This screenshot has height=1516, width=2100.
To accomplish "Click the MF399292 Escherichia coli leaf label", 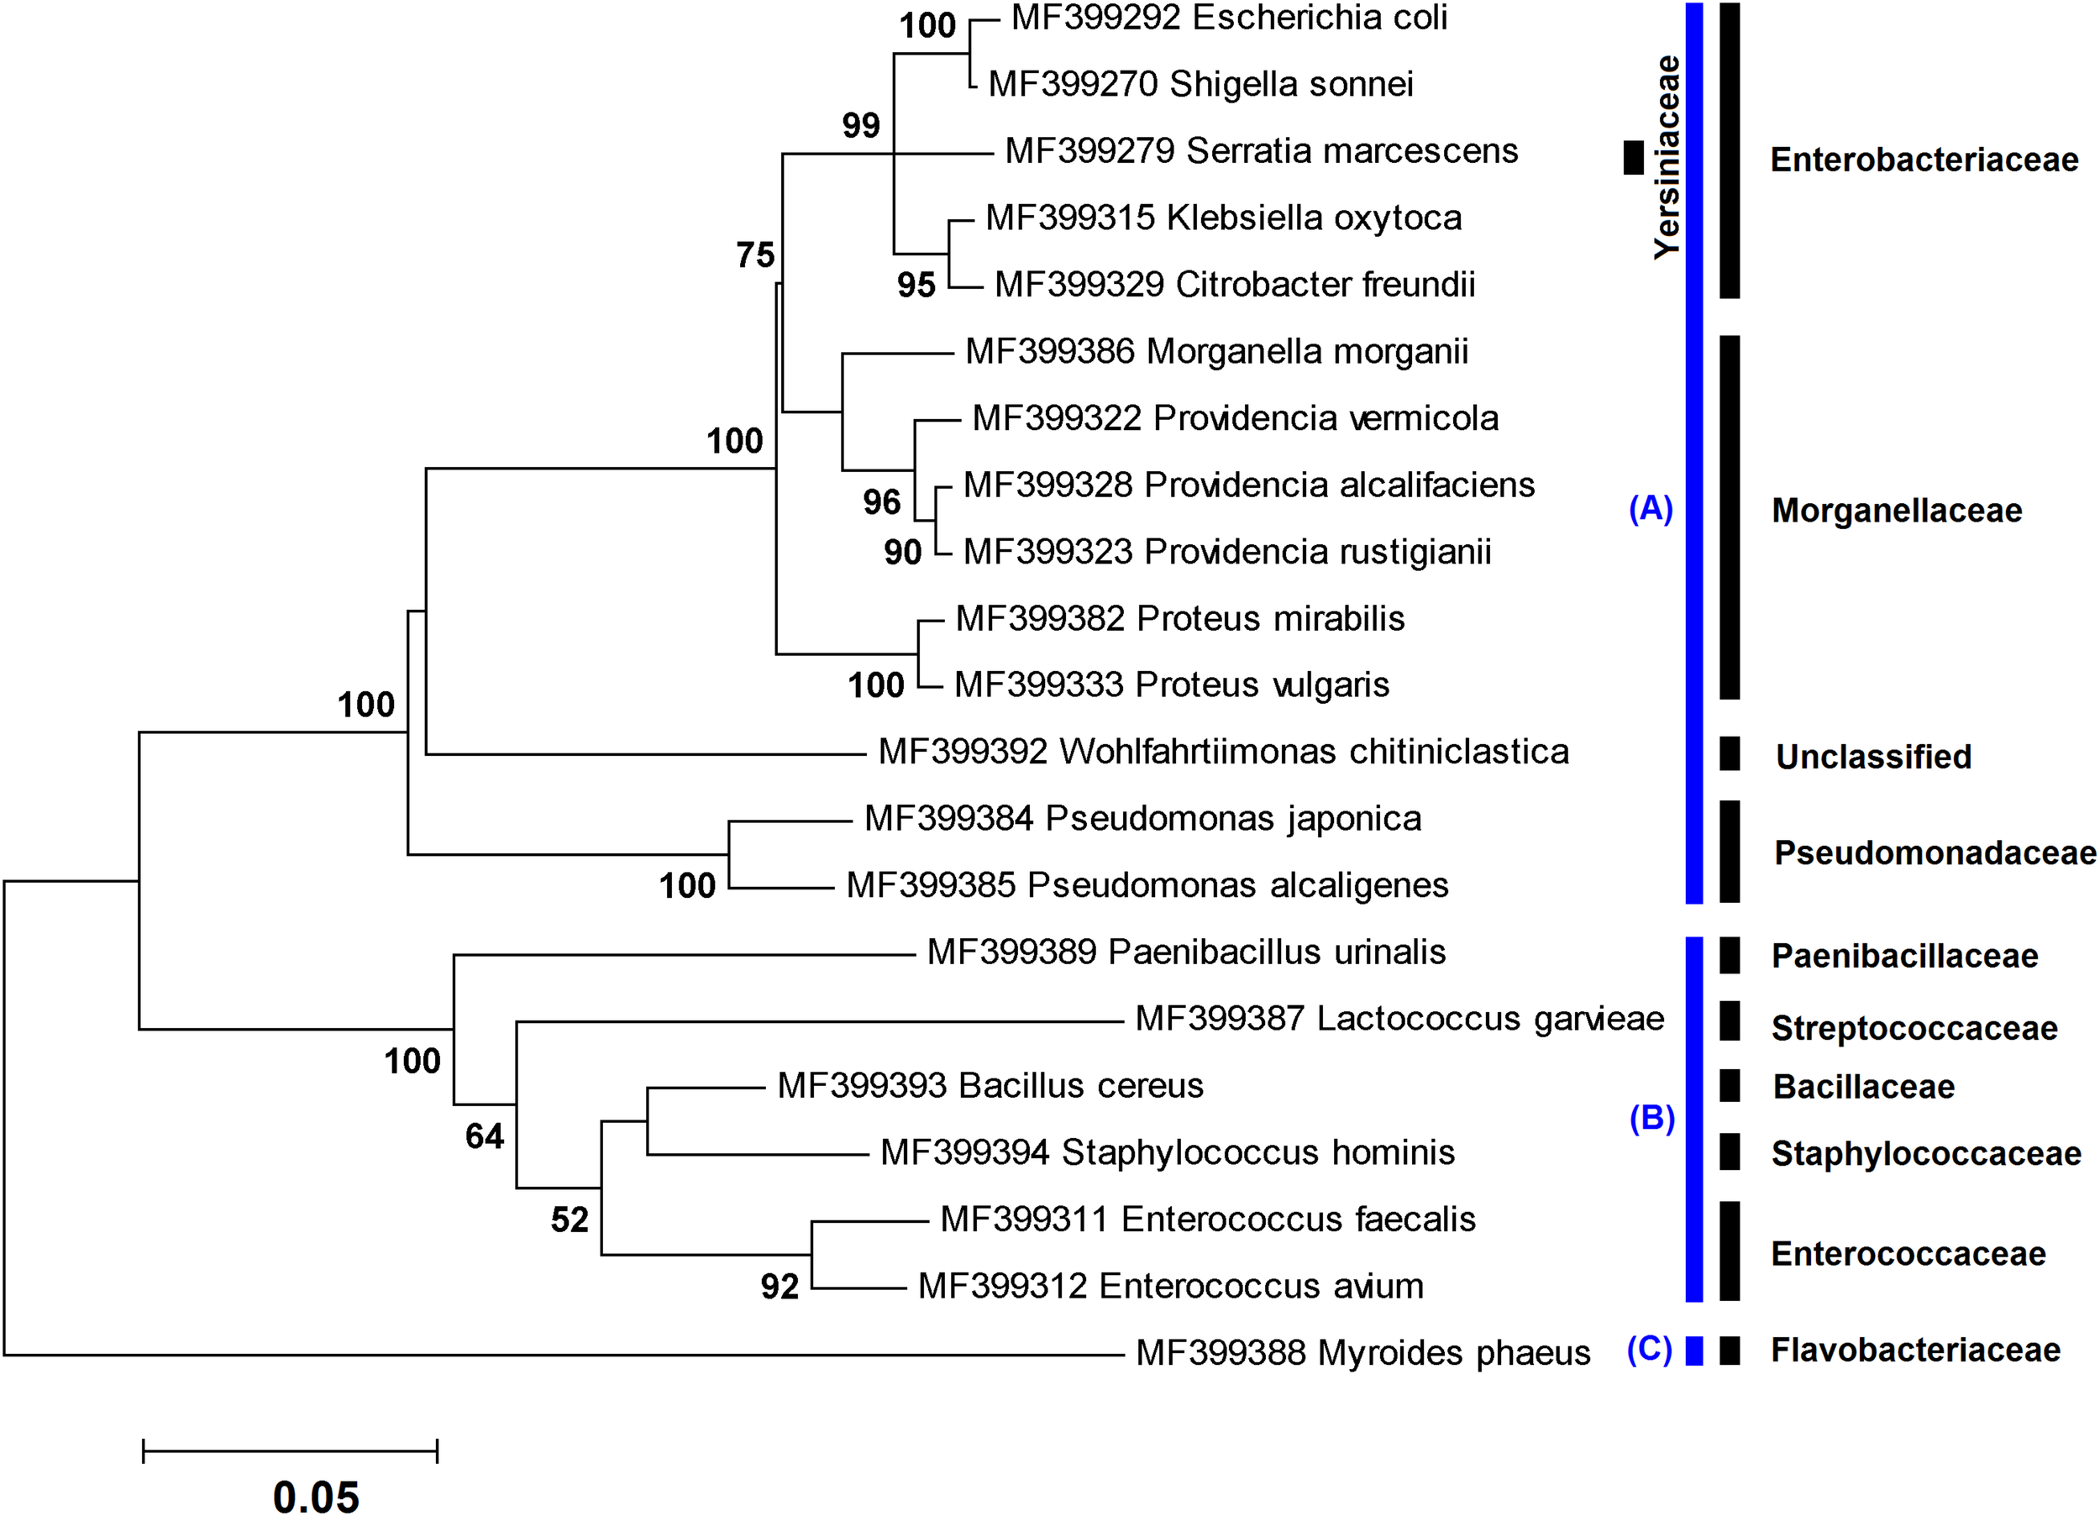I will coord(1229,18).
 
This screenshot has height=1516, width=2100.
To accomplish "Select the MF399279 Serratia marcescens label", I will coord(1261,151).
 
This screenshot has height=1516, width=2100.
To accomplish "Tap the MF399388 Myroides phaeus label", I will coord(1363,1353).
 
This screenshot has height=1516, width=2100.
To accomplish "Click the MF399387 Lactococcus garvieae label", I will coord(1399,1019).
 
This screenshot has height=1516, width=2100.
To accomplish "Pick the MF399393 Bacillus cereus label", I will coord(990,1085).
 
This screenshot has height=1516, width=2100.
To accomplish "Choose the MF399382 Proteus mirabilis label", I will coord(1179,619).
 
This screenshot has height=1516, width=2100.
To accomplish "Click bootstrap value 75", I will coord(754,254).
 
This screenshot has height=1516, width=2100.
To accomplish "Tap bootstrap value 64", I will coord(484,1136).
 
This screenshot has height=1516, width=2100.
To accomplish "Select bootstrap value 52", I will coord(570,1220).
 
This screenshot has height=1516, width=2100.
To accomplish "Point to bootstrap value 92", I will coord(780,1287).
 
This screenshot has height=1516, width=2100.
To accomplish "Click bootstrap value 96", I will coord(881,502).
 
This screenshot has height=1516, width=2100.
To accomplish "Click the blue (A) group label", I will coord(1650,508).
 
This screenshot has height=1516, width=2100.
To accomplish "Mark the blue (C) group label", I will coord(1649,1350).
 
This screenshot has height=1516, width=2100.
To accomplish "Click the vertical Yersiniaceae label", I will coord(1667,157).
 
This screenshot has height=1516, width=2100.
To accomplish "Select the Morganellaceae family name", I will coord(1896,511).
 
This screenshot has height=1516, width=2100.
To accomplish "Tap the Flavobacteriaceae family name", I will coord(1915,1351).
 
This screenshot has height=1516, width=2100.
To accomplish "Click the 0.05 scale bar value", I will coord(316,1497).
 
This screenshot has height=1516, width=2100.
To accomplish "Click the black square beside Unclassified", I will coord(1729,754).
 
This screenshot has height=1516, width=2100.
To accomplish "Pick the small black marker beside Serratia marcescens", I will coord(1633,157).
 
